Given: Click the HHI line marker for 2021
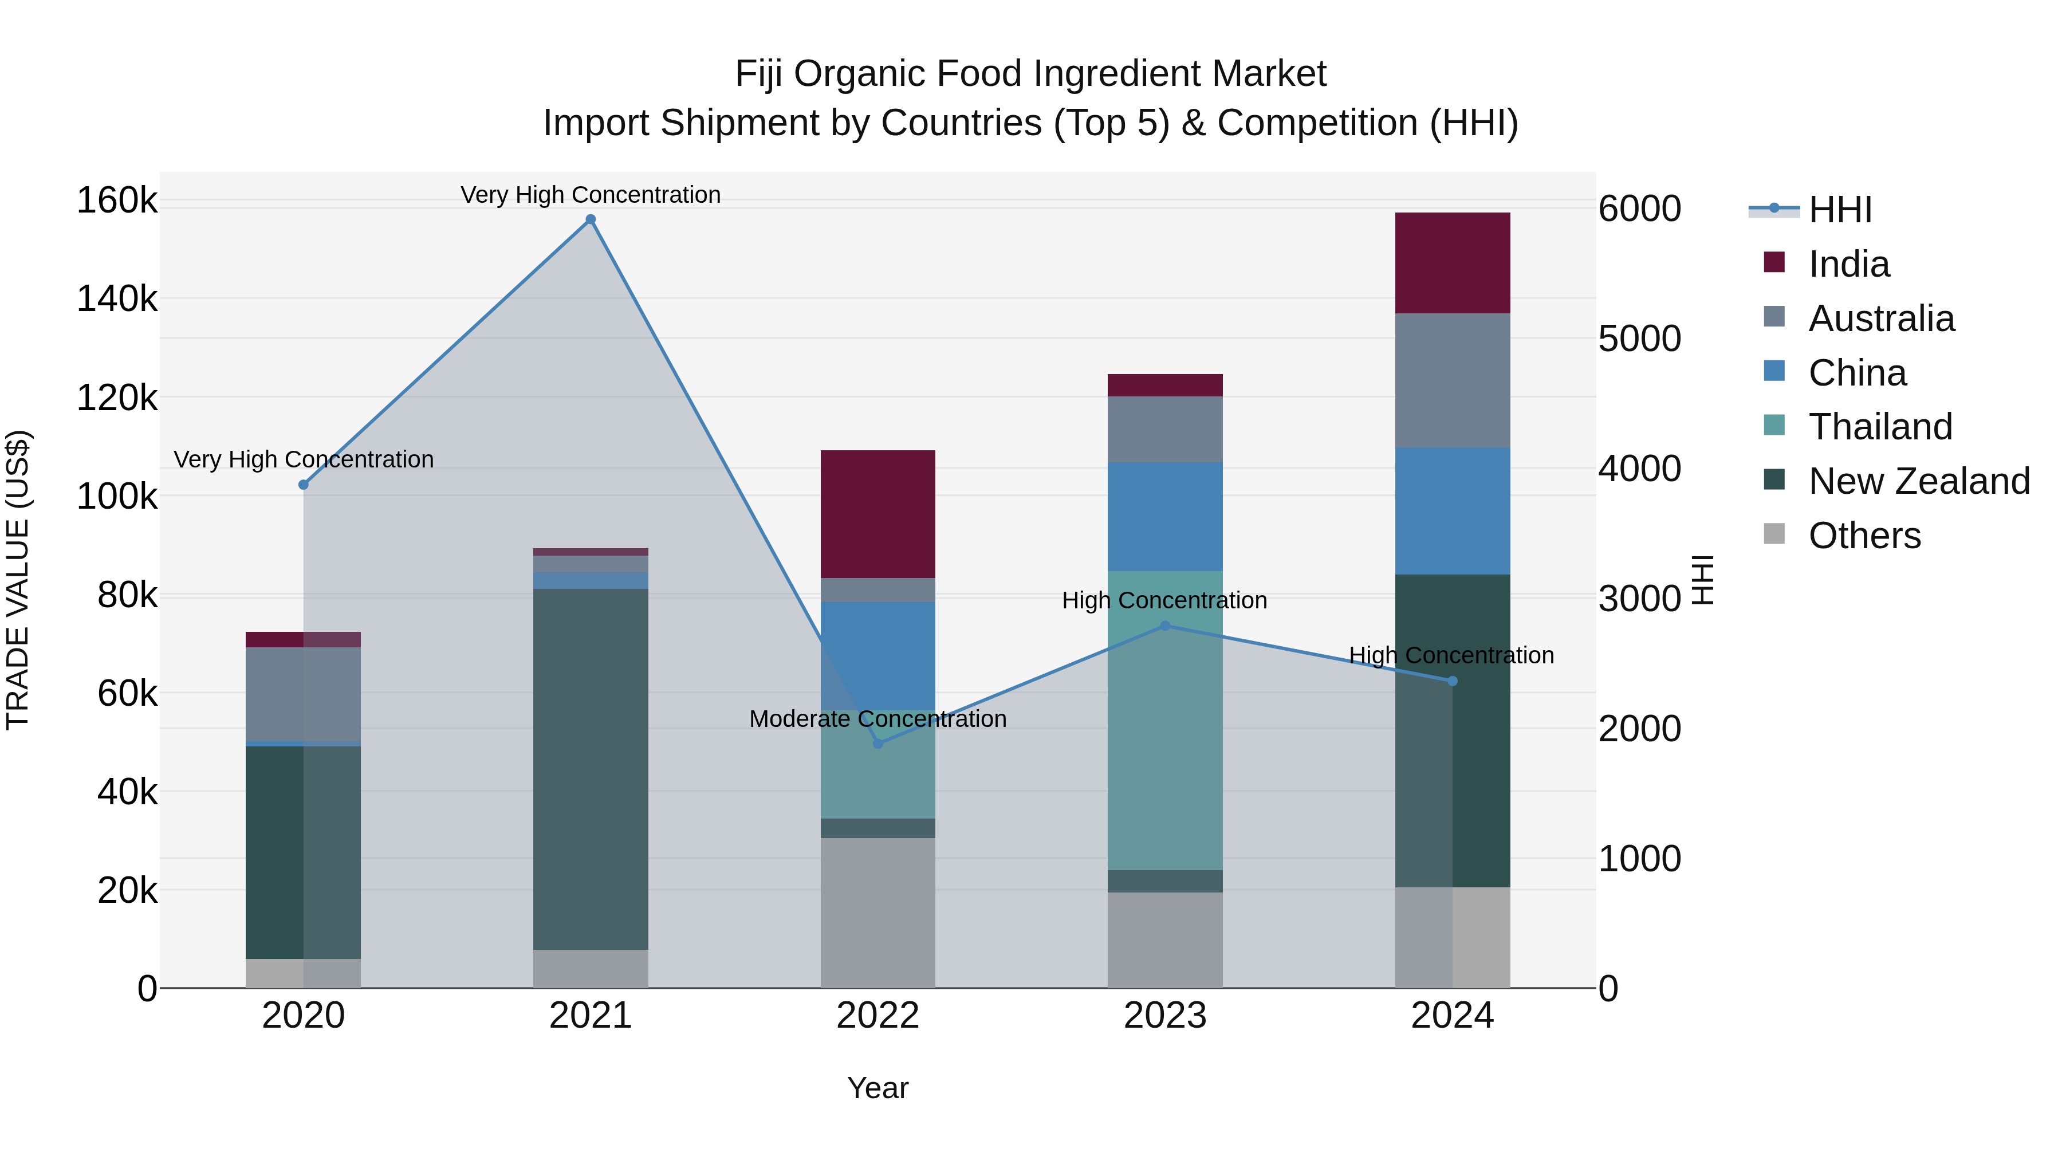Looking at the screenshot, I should tap(591, 219).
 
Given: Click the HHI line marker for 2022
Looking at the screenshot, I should tap(878, 744).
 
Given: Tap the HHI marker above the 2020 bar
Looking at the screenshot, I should tap(304, 485).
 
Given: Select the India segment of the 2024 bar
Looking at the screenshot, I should tap(1452, 264).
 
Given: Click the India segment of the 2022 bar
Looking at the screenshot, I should tap(878, 514).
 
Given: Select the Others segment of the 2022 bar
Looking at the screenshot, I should tap(878, 913).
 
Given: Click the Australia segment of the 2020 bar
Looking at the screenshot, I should tap(304, 694).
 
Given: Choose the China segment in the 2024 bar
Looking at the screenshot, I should tap(1452, 511).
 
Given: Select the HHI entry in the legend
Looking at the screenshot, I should tap(1839, 210).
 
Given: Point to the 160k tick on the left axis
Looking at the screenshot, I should tap(117, 200).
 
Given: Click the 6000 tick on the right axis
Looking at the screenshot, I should tap(1639, 209).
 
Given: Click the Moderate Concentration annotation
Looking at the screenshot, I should tap(877, 719).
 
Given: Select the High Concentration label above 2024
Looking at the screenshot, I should tap(1451, 655).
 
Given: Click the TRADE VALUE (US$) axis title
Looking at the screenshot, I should tap(18, 580).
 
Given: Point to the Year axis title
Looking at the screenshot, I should tap(877, 1088).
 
